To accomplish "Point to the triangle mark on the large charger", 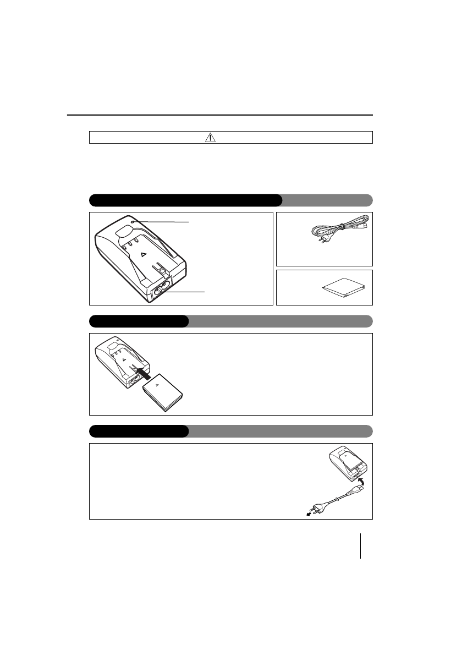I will (x=142, y=255).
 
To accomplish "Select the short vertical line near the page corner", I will (x=361, y=545).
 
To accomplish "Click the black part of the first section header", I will (x=185, y=199).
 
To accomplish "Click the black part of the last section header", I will (x=139, y=431).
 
